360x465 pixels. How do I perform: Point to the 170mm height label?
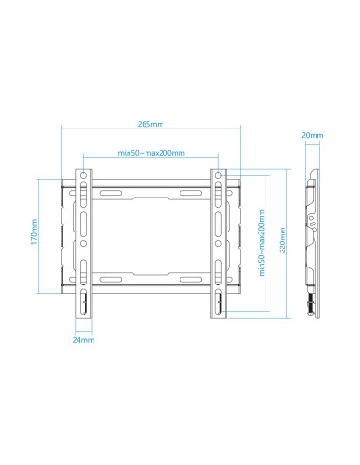coord(34,234)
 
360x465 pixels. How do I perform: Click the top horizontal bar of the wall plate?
coord(151,188)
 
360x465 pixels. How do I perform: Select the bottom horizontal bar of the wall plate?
coord(151,280)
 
